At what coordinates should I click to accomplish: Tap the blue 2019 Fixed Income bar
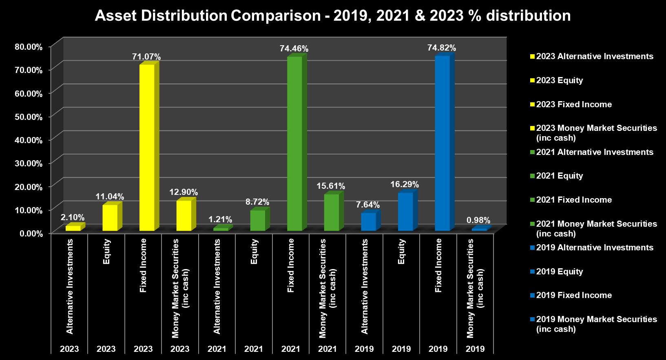coord(442,143)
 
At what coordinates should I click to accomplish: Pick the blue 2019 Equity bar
coord(405,212)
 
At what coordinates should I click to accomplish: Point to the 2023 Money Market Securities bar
coord(184,216)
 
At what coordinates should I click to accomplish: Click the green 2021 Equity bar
coord(257,221)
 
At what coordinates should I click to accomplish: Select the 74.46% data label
coord(294,49)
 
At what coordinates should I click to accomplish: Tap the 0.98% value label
coord(478,220)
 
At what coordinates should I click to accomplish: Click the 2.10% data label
coord(72,217)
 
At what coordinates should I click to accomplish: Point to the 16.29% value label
coord(404,184)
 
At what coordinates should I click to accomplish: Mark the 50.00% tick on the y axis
coord(29,117)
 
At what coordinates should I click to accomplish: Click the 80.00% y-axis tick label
coord(29,46)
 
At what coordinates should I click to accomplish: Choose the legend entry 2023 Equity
coord(559,80)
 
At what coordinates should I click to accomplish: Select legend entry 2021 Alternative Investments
coord(594,152)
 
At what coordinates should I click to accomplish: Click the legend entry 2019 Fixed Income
coord(573,295)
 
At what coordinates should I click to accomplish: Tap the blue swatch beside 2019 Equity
coord(532,272)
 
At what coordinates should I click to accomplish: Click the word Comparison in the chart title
coord(276,15)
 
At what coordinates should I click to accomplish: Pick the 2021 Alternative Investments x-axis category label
coord(217,286)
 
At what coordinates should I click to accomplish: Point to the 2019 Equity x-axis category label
coord(401,252)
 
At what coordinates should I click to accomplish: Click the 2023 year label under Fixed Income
coord(143,349)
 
